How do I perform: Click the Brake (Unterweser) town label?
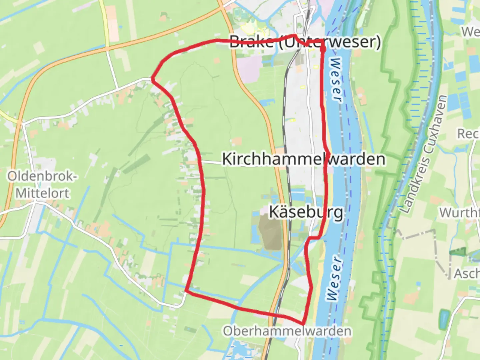tap(305, 42)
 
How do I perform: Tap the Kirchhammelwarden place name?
tap(303, 159)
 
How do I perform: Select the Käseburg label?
tap(306, 212)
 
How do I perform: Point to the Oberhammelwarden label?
tap(287, 331)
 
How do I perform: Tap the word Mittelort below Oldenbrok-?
tap(43, 193)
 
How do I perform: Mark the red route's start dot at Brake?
tap(323, 49)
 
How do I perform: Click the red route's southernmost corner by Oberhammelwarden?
tap(303, 324)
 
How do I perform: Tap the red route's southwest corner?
tap(187, 291)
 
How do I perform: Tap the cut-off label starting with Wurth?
tap(459, 212)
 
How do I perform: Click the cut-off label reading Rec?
tap(468, 134)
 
